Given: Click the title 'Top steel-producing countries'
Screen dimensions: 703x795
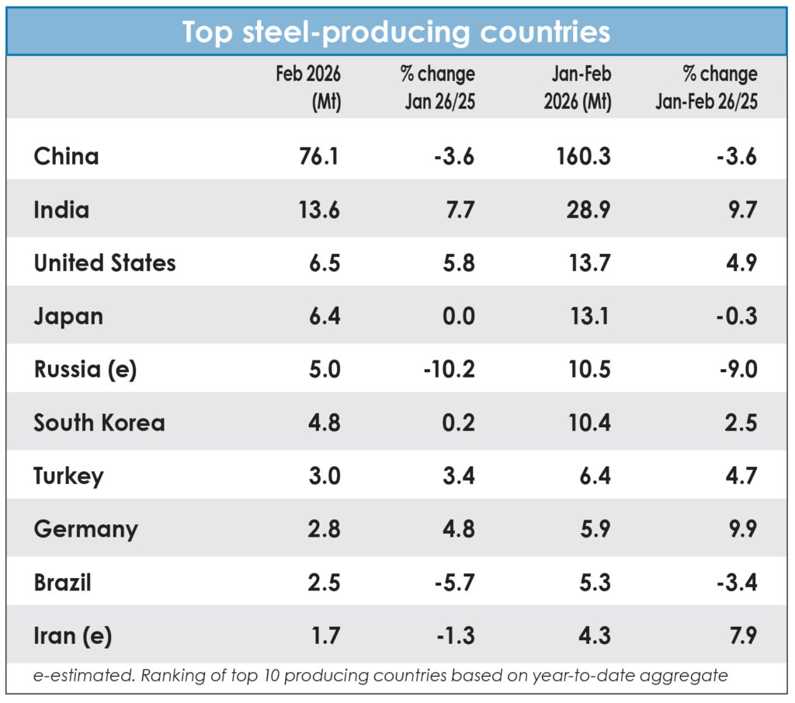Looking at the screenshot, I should pos(396,33).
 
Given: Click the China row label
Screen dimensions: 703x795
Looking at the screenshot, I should pos(66,157).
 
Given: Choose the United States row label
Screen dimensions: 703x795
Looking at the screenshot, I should pos(105,263).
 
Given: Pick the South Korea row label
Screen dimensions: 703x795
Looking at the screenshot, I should pos(99,423).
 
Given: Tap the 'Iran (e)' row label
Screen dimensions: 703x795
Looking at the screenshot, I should pos(73,636).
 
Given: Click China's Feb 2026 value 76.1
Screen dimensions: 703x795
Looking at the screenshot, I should pos(318,157).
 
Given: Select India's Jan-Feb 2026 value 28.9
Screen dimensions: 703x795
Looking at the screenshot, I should pos(589,211).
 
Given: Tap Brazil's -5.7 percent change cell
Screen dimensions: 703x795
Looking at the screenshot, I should pos(453,583).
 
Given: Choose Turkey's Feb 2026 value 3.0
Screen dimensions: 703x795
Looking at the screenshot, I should pos(322,476).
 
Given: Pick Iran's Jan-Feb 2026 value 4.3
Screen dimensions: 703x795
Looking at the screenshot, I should pos(594,636).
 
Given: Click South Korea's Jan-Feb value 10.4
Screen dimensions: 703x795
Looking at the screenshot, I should pos(589,423).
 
